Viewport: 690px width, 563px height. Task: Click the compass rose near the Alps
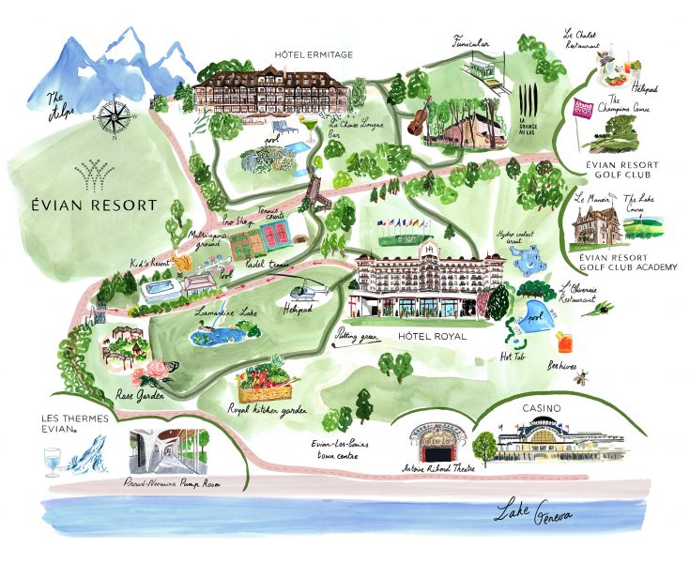(x=115, y=116)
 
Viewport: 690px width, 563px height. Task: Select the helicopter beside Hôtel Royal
(x=315, y=294)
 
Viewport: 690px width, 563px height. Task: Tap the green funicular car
(x=487, y=68)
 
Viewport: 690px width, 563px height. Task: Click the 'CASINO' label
(x=544, y=408)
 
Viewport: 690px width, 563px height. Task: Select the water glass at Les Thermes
(x=52, y=461)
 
